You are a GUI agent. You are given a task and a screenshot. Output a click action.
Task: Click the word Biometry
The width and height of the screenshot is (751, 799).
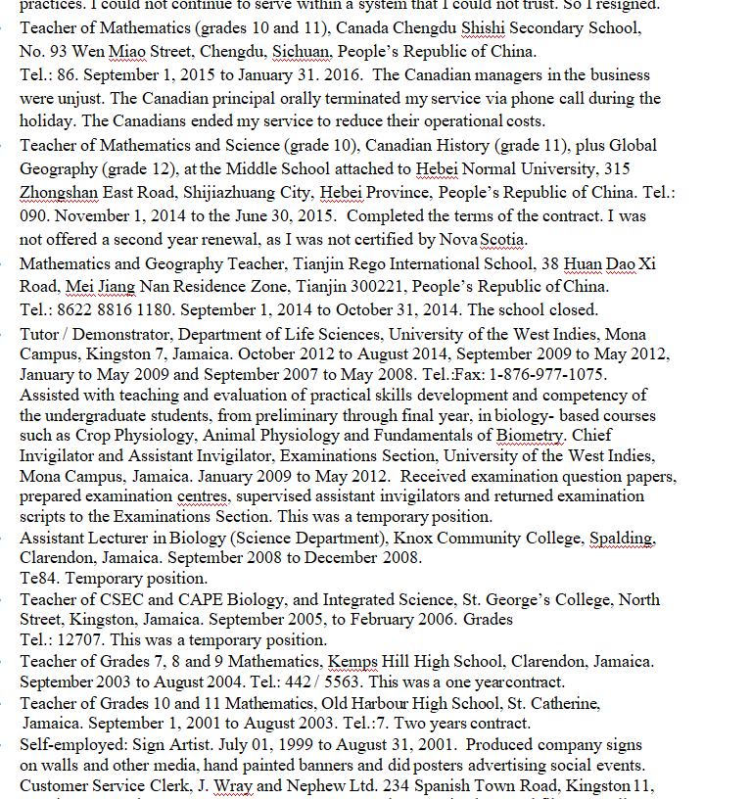coord(529,435)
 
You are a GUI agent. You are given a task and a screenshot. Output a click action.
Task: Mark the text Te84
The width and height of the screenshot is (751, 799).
coord(36,579)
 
